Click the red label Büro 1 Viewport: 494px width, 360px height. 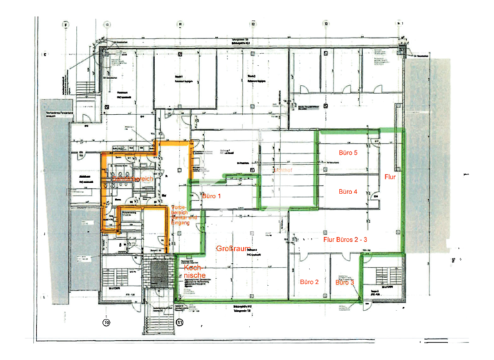pyautogui.click(x=211, y=195)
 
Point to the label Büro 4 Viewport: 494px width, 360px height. pyautogui.click(x=347, y=192)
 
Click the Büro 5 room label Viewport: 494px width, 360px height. pyautogui.click(x=347, y=154)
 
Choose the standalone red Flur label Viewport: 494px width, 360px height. pyautogui.click(x=390, y=175)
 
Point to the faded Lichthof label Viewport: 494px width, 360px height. pyautogui.click(x=284, y=170)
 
